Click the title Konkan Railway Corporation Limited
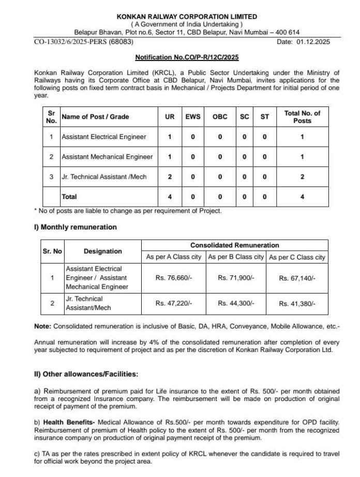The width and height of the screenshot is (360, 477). [187, 17]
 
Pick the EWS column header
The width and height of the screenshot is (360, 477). [193, 117]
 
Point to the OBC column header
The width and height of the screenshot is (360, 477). [220, 117]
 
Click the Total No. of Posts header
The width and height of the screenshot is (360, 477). [302, 117]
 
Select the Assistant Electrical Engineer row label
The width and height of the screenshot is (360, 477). [103, 137]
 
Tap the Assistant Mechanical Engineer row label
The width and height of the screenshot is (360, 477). [107, 157]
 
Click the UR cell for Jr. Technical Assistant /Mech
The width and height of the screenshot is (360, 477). [170, 177]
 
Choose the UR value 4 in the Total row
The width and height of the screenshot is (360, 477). [170, 196]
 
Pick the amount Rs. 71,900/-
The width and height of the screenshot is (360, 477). [236, 278]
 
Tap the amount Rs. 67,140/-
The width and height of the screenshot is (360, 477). [297, 278]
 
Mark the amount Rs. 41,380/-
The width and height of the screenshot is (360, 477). [297, 304]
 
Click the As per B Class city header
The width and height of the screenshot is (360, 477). [236, 257]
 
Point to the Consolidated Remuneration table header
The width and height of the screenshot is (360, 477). [234, 245]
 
